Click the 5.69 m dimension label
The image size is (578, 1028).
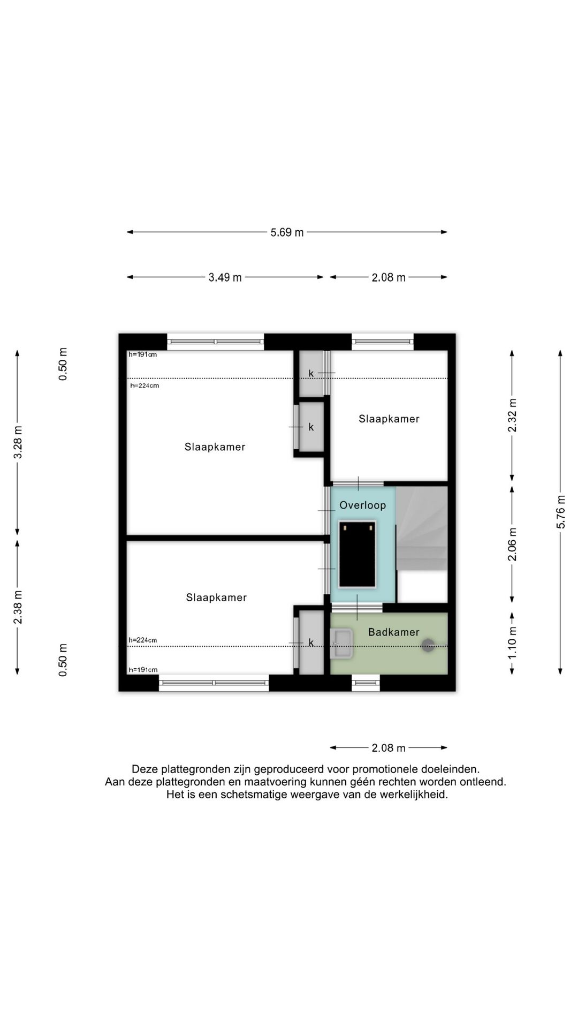pos(287,232)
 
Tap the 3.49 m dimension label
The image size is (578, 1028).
pos(225,277)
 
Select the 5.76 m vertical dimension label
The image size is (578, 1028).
pos(561,512)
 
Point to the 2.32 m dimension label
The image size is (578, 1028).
pos(512,415)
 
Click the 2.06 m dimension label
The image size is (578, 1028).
pos(512,545)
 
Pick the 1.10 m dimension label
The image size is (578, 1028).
pos(512,642)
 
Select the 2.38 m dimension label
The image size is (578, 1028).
pos(18,607)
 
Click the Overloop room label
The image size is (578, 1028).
pos(362,505)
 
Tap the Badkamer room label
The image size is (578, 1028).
pos(393,632)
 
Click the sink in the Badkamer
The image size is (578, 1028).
pos(343,644)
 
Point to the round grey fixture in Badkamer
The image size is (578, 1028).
pos(428,646)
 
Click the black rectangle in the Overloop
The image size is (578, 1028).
pos(358,554)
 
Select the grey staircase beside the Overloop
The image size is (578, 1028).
pos(422,528)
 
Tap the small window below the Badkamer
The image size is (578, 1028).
pos(366,683)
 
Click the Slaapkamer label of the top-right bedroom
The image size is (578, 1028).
pos(389,419)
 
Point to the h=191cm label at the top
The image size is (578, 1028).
pos(143,354)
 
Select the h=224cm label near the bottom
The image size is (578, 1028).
pos(143,640)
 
